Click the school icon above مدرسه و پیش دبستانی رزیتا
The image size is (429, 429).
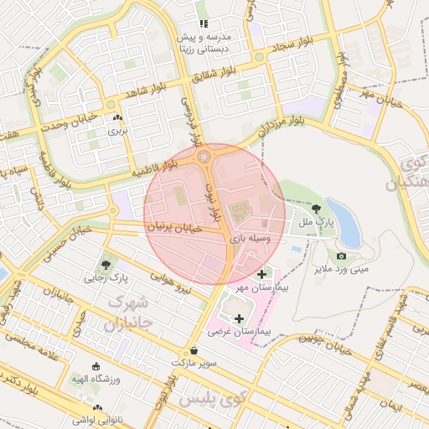203,24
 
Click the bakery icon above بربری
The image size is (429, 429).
117,119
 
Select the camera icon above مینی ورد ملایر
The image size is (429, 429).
341,256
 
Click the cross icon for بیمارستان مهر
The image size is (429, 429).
262,274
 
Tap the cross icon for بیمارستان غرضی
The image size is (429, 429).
241,318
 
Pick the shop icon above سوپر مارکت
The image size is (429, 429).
194,350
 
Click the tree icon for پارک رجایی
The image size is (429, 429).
105,264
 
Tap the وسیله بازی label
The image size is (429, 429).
251,240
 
